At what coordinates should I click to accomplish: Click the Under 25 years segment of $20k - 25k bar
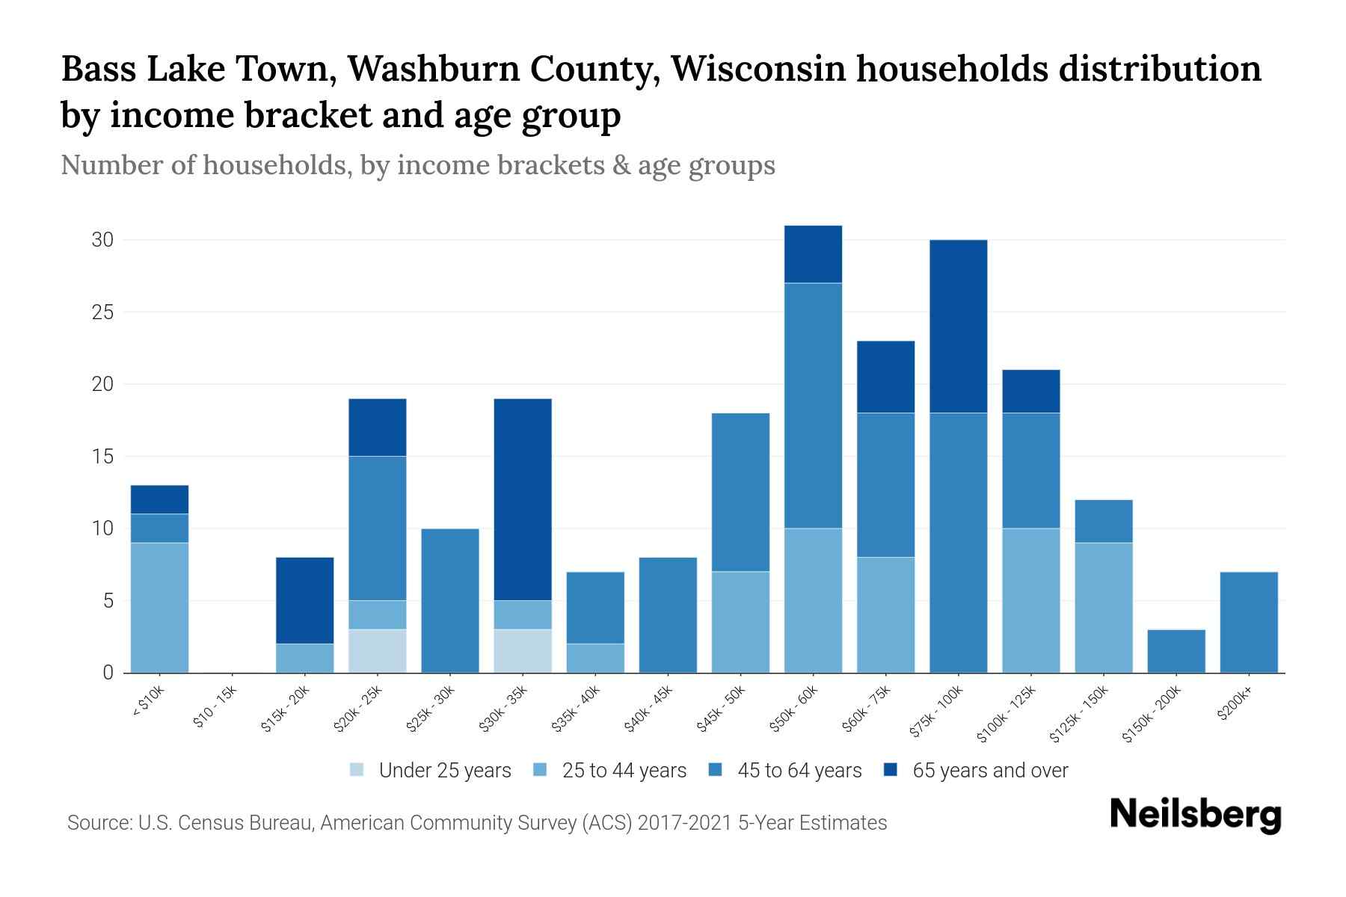(x=378, y=651)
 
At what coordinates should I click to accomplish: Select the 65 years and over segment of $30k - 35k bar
(x=523, y=499)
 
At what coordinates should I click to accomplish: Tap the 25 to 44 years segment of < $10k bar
(x=159, y=608)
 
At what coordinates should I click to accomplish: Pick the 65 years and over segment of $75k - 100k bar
(x=958, y=327)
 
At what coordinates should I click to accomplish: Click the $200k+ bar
(x=1249, y=622)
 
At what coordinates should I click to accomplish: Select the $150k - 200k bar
(x=1176, y=651)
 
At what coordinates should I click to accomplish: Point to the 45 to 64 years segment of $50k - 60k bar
(x=813, y=406)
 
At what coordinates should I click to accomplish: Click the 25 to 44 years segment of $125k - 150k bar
(x=1104, y=608)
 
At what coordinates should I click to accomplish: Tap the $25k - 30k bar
(x=450, y=601)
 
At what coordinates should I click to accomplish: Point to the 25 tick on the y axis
(x=102, y=312)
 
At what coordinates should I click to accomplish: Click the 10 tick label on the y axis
(x=102, y=528)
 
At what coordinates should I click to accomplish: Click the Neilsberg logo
(x=1195, y=815)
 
